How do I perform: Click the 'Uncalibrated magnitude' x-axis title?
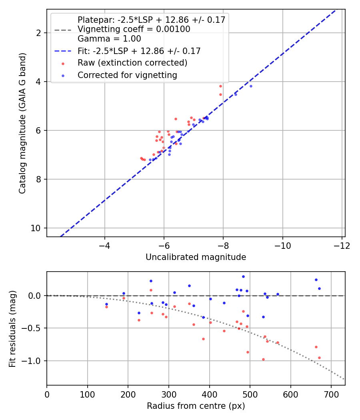tap(196, 257)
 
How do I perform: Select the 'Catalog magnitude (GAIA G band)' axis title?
tap(22, 123)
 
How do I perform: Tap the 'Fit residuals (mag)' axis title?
tap(12, 329)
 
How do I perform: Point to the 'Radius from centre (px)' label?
tap(196, 406)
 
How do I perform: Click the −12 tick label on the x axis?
tap(342, 246)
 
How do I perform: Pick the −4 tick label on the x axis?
tap(104, 246)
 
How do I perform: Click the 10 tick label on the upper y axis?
tap(35, 228)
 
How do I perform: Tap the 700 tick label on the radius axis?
tap(331, 394)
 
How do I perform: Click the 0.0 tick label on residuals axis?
tap(34, 296)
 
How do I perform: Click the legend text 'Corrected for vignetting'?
tap(127, 75)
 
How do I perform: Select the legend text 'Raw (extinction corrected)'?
tap(132, 63)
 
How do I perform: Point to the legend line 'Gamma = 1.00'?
tap(109, 39)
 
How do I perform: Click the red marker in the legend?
tap(63, 64)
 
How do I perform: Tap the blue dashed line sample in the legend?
tap(63, 51)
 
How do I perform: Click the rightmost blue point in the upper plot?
tap(251, 86)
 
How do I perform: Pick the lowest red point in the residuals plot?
tap(263, 360)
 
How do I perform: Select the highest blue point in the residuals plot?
tap(243, 277)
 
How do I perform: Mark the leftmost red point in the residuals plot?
tap(107, 307)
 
